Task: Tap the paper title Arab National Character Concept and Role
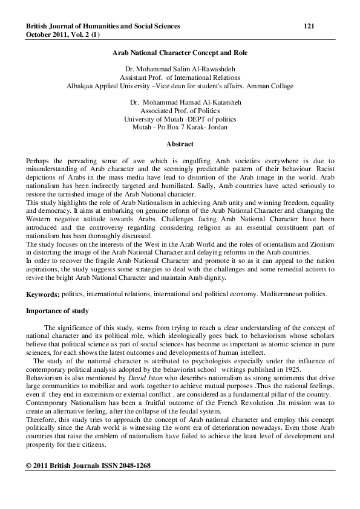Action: click(x=180, y=53)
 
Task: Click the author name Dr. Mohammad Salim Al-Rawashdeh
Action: click(x=180, y=70)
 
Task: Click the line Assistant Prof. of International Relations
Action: click(x=180, y=77)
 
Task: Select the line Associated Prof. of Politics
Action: click(x=180, y=111)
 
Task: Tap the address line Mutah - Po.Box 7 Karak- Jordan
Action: click(x=180, y=128)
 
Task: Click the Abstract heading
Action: click(x=180, y=144)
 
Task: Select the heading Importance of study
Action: click(x=57, y=311)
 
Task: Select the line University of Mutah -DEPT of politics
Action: click(x=180, y=120)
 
